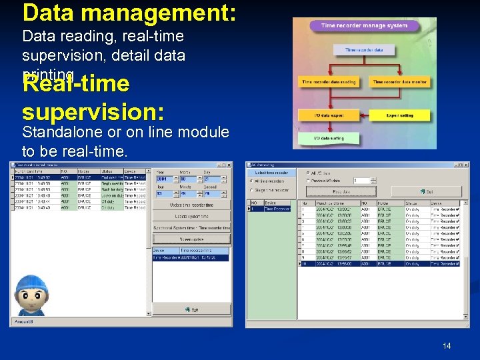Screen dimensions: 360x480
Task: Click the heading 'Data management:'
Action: pyautogui.click(x=129, y=13)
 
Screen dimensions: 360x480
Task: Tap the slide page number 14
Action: pyautogui.click(x=446, y=346)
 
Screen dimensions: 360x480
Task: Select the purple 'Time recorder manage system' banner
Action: pyautogui.click(x=363, y=26)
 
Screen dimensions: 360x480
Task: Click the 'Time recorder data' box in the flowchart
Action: pyautogui.click(x=364, y=50)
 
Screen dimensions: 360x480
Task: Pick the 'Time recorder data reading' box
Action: pyautogui.click(x=329, y=82)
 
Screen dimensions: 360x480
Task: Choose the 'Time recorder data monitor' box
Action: pyautogui.click(x=399, y=82)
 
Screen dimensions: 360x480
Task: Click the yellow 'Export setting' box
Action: pyautogui.click(x=399, y=115)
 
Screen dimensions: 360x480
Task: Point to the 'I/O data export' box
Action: pyautogui.click(x=329, y=115)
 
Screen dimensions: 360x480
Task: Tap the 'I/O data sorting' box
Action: pyautogui.click(x=329, y=138)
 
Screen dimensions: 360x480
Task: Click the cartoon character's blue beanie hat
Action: pyautogui.click(x=31, y=284)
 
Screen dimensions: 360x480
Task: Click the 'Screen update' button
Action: pyautogui.click(x=191, y=238)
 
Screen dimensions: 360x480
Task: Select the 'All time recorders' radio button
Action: pyautogui.click(x=272, y=181)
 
